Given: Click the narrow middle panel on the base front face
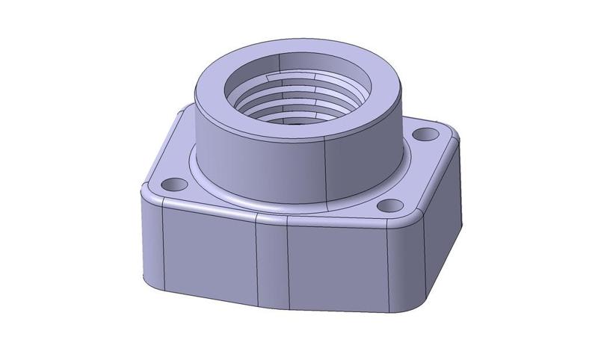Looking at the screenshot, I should click(x=272, y=265).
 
